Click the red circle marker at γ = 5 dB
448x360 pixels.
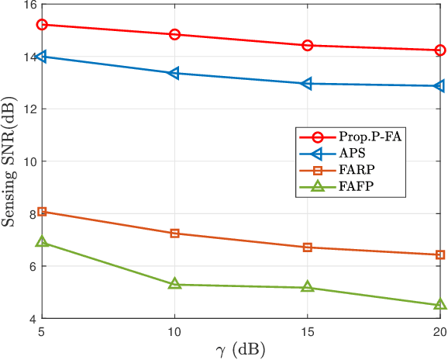click(x=43, y=25)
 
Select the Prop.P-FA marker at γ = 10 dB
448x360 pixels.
click(x=175, y=35)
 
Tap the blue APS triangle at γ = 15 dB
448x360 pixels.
click(x=307, y=83)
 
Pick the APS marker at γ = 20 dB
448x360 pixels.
click(x=439, y=86)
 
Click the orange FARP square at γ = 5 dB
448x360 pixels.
click(x=43, y=211)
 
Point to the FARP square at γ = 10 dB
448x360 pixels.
click(x=175, y=234)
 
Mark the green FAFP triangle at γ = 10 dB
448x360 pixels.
click(x=175, y=284)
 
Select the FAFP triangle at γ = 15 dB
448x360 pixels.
click(x=307, y=287)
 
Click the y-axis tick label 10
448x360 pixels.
click(x=28, y=162)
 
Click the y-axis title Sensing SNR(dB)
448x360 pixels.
click(x=9, y=161)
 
